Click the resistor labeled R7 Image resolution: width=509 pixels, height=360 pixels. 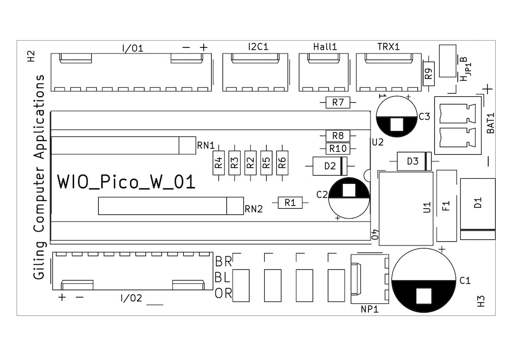coord(338,103)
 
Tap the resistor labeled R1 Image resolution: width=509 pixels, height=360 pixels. coord(290,203)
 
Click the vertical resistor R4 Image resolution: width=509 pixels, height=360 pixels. coord(218,163)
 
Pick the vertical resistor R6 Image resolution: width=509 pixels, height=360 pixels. coord(282,163)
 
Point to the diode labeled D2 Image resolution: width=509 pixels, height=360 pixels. coord(330,165)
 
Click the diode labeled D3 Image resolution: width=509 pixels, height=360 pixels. coord(413,162)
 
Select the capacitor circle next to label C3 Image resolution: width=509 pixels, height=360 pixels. coord(397,117)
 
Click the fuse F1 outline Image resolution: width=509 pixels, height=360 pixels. coord(447,206)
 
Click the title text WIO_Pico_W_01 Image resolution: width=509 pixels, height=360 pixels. coord(126,182)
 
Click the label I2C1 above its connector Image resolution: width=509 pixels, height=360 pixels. coord(258,47)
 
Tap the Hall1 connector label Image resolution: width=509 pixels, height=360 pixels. coord(325,47)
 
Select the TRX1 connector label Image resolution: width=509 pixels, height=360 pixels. coord(388,47)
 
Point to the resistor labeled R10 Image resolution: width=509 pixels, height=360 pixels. coord(338,149)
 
